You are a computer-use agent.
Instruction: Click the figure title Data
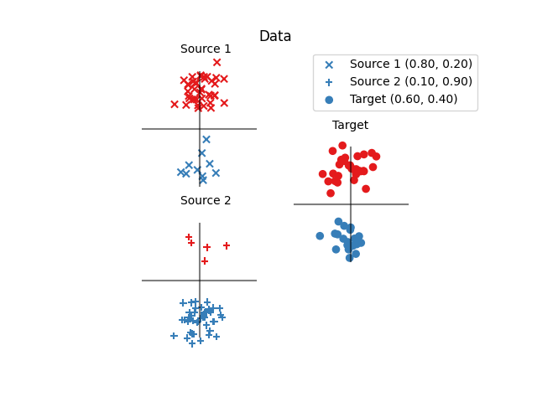pyautogui.click(x=275, y=37)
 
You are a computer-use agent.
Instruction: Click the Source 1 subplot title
pyautogui.click(x=206, y=49)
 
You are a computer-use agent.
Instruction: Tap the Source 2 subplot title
pyautogui.click(x=206, y=201)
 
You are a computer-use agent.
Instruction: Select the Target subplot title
pyautogui.click(x=350, y=126)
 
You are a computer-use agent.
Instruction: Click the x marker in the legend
pyautogui.click(x=329, y=64)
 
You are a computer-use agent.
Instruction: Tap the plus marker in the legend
pyautogui.click(x=329, y=82)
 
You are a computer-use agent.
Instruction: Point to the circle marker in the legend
pyautogui.click(x=329, y=100)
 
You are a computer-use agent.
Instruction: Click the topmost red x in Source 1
pyautogui.click(x=216, y=62)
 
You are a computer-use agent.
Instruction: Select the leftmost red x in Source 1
pyautogui.click(x=175, y=105)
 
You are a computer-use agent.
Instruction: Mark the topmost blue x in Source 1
pyautogui.click(x=206, y=140)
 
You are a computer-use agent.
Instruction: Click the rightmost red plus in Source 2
pyautogui.click(x=227, y=245)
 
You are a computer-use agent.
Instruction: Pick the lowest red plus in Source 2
pyautogui.click(x=205, y=261)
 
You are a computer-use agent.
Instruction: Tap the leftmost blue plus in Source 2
pyautogui.click(x=174, y=336)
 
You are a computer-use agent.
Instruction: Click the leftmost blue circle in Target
pyautogui.click(x=320, y=236)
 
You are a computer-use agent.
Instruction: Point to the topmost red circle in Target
pyautogui.click(x=342, y=146)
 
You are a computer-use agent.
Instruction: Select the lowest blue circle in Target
pyautogui.click(x=350, y=258)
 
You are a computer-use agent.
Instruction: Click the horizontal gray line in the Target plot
pyautogui.click(x=386, y=204)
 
